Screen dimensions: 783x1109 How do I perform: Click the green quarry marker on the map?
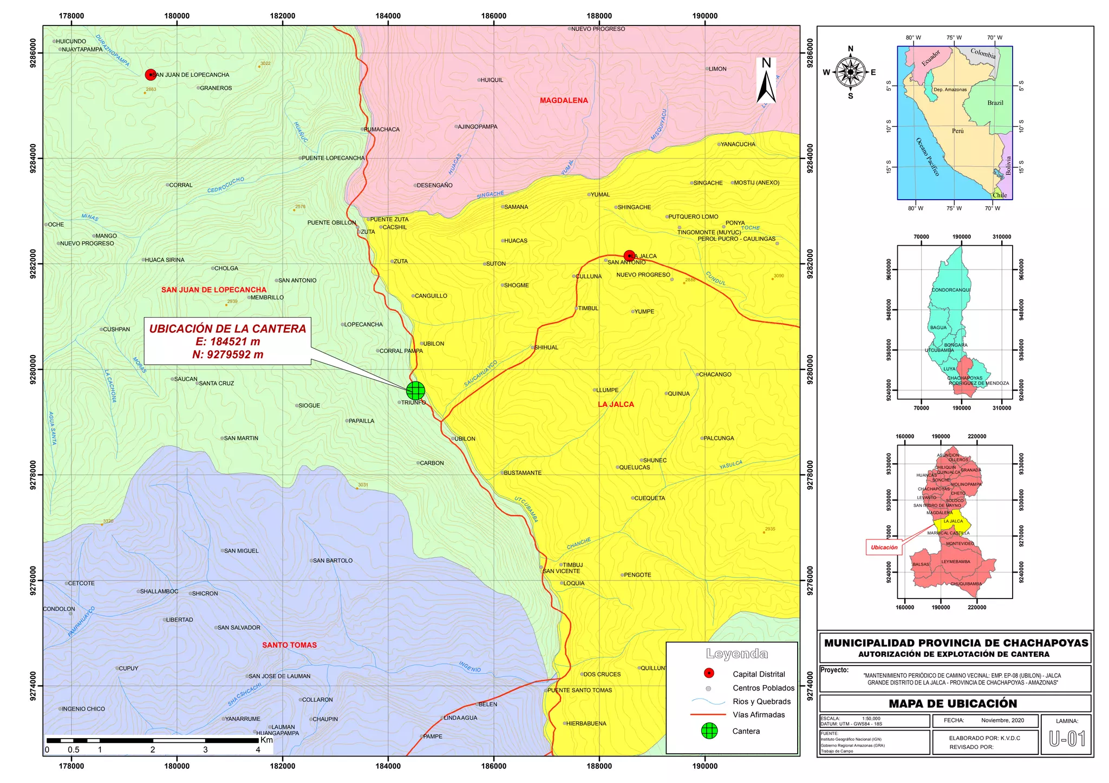pos(415,390)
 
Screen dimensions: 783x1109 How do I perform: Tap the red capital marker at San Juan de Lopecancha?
pos(151,75)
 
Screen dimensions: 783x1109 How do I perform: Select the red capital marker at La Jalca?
pos(629,256)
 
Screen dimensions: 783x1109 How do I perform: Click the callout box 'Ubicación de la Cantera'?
pos(227,341)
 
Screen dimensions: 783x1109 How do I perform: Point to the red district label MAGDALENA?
pos(564,101)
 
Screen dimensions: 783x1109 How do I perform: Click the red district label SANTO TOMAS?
pos(289,645)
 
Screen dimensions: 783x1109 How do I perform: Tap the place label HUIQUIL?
pos(492,80)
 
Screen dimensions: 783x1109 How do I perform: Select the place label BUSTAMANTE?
pos(523,473)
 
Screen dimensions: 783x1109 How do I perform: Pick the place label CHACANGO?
pos(715,374)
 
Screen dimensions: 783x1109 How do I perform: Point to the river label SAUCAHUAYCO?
pos(480,374)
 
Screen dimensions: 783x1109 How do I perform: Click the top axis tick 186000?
pos(493,16)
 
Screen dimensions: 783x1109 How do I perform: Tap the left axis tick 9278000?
pos(34,475)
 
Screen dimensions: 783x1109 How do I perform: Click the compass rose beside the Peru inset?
pos(850,73)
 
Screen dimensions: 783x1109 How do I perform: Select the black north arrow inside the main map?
pos(766,81)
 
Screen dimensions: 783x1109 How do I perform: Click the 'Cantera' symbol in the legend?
pos(709,731)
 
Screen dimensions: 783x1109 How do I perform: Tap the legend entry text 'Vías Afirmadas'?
pos(759,715)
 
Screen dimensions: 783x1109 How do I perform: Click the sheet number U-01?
pos(1067,739)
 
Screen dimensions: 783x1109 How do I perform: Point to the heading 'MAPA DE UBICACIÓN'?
pos(953,703)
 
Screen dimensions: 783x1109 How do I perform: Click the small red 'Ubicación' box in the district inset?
pos(884,548)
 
